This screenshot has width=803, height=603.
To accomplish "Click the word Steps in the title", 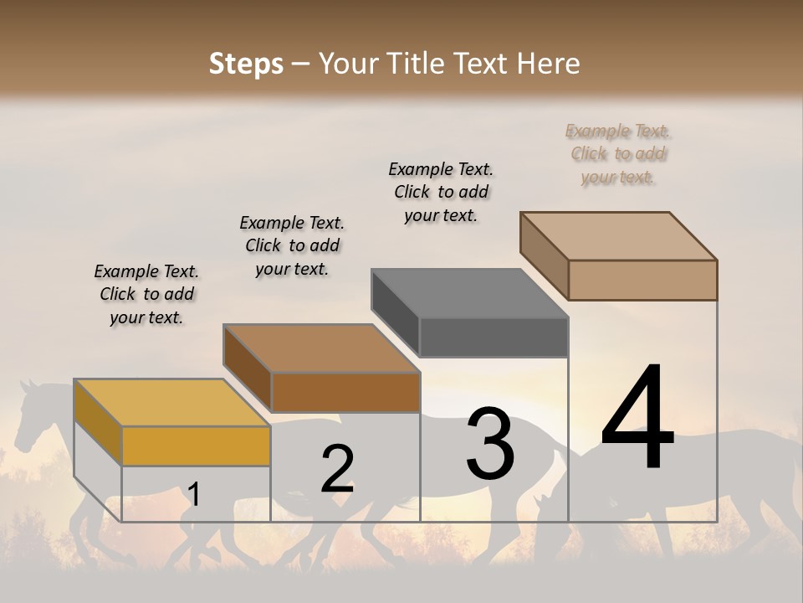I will (x=246, y=64).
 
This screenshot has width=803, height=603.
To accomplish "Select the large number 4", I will (x=637, y=419).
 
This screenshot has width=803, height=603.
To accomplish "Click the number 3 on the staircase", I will (x=490, y=444).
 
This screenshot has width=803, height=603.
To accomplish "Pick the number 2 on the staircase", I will (x=337, y=470).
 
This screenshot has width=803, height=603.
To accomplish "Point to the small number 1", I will (x=194, y=495).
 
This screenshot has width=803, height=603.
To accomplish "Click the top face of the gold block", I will (x=171, y=403).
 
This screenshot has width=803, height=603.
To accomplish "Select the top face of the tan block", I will (x=619, y=236).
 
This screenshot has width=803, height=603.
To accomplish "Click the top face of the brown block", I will (x=321, y=348).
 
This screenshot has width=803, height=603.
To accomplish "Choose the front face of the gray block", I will (x=494, y=338).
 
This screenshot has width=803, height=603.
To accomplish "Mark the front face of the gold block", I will (x=196, y=446).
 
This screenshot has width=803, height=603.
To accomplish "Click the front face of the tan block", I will (x=642, y=280).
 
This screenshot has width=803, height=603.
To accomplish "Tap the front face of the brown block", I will (x=345, y=392).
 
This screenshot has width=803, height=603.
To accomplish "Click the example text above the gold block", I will (x=146, y=294).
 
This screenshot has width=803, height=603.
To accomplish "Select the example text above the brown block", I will (x=292, y=245).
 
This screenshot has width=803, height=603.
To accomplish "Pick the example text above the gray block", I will (x=441, y=192).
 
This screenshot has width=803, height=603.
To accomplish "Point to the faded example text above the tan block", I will (x=618, y=153).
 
